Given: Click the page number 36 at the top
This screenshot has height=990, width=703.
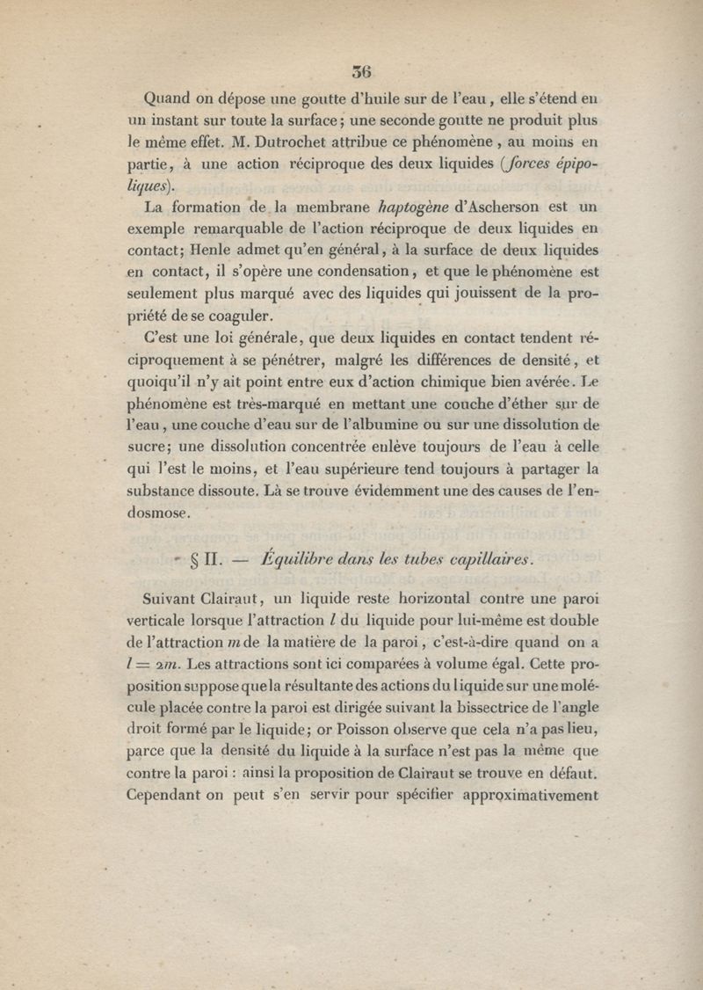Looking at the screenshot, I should coord(361,72).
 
